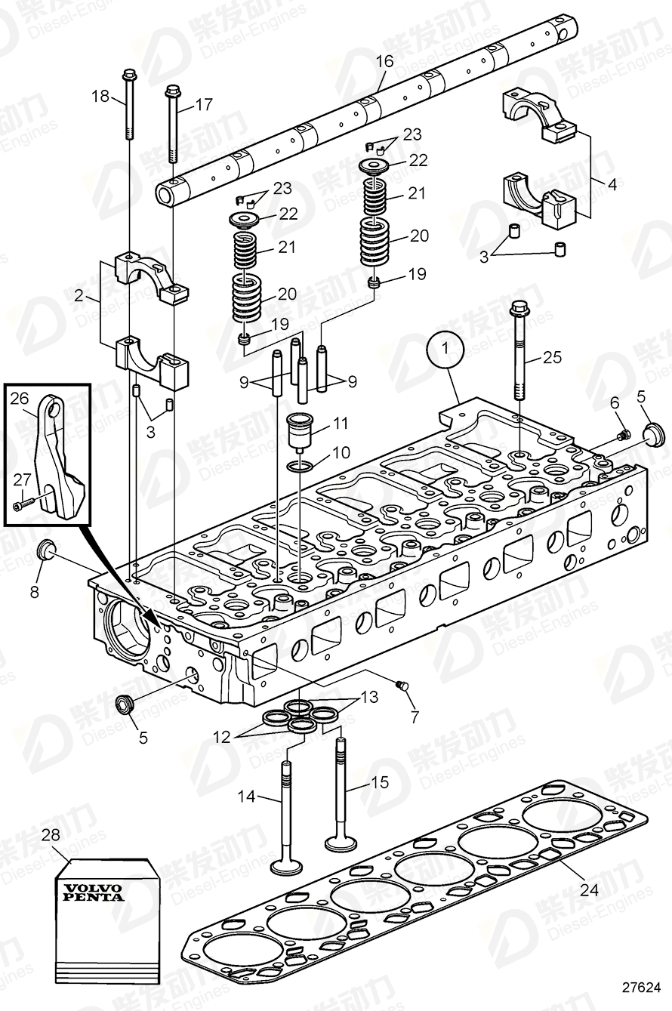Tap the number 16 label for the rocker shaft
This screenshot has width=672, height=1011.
coord(385,61)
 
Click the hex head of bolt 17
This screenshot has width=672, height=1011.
coord(172,91)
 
